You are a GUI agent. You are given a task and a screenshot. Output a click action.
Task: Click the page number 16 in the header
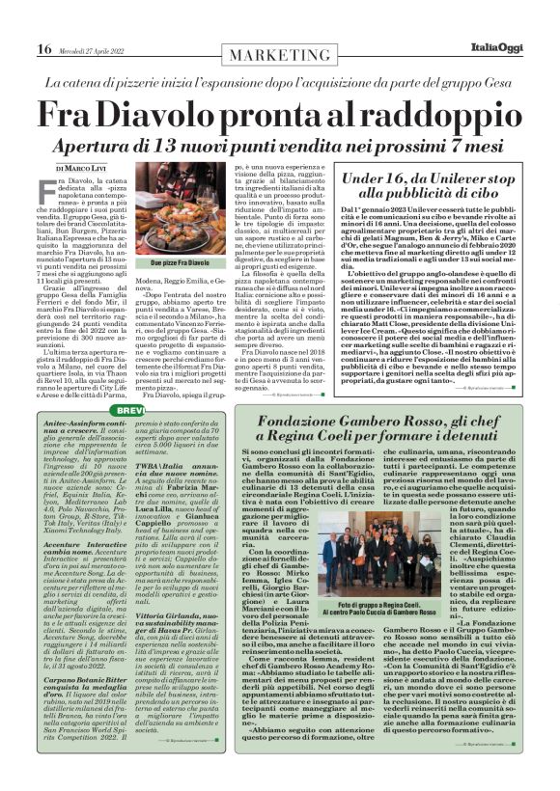point(43,49)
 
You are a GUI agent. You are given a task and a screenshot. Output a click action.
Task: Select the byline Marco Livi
point(93,169)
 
